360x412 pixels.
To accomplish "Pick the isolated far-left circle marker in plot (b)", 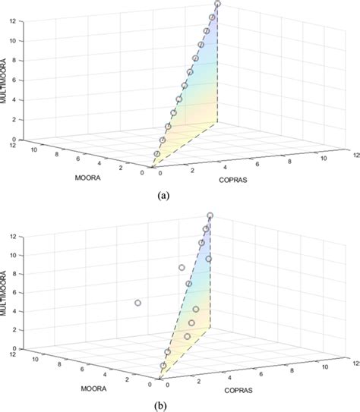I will click(137, 303).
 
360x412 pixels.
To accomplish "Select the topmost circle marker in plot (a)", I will click(218, 5).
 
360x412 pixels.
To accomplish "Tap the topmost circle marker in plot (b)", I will click(210, 215).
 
